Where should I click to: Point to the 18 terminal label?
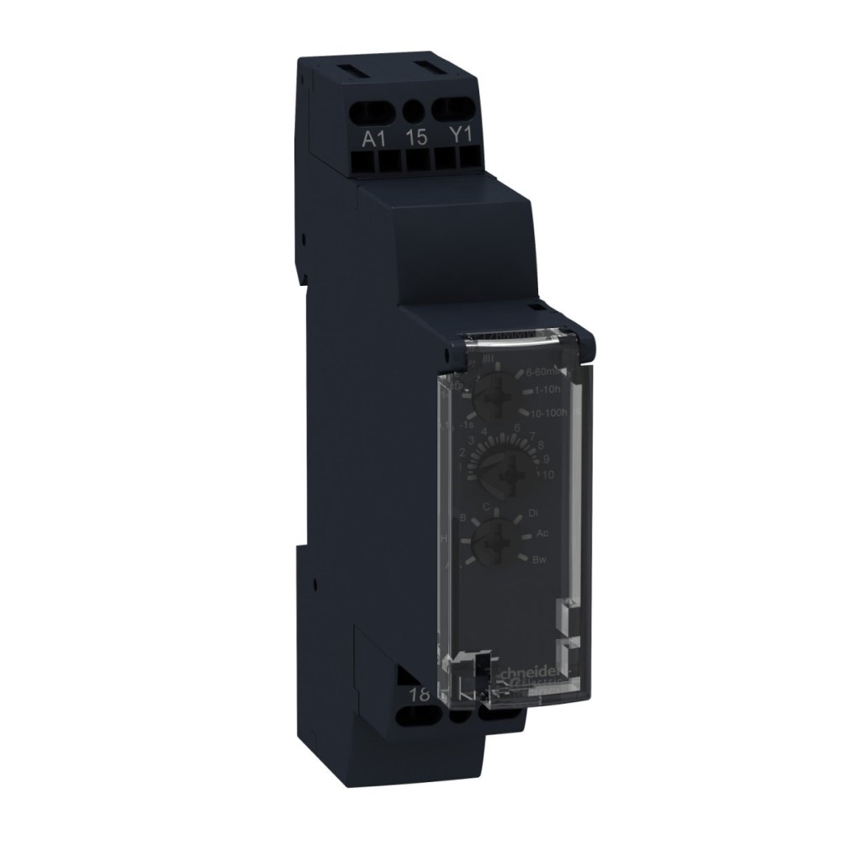pos(416,695)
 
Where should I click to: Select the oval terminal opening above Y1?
pos(454,108)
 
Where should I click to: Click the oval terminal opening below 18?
pos(418,717)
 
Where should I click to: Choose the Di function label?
pos(532,512)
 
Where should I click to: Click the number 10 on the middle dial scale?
pos(547,475)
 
